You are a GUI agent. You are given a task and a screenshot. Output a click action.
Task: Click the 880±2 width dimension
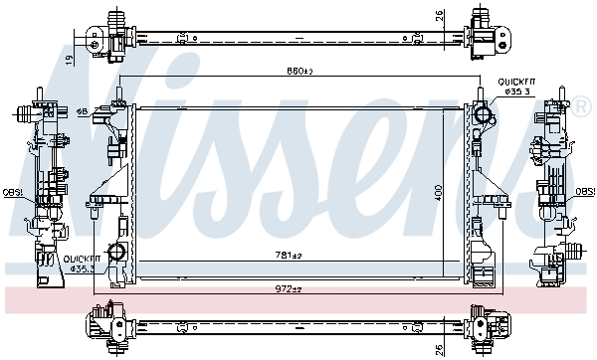pos(298,72)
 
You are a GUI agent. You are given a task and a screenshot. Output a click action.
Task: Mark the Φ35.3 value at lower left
pos(80,268)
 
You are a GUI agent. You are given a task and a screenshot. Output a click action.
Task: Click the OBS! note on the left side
pos(12,191)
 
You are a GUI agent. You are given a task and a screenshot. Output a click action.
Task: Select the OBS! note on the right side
pos(585,191)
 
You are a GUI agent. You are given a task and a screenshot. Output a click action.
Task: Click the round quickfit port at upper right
pos(485,116)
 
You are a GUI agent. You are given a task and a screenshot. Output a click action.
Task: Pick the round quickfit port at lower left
pos(116,253)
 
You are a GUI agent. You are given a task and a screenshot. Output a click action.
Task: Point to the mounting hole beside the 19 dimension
pos(93,42)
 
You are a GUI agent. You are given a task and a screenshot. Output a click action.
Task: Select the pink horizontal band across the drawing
pos(298,297)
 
